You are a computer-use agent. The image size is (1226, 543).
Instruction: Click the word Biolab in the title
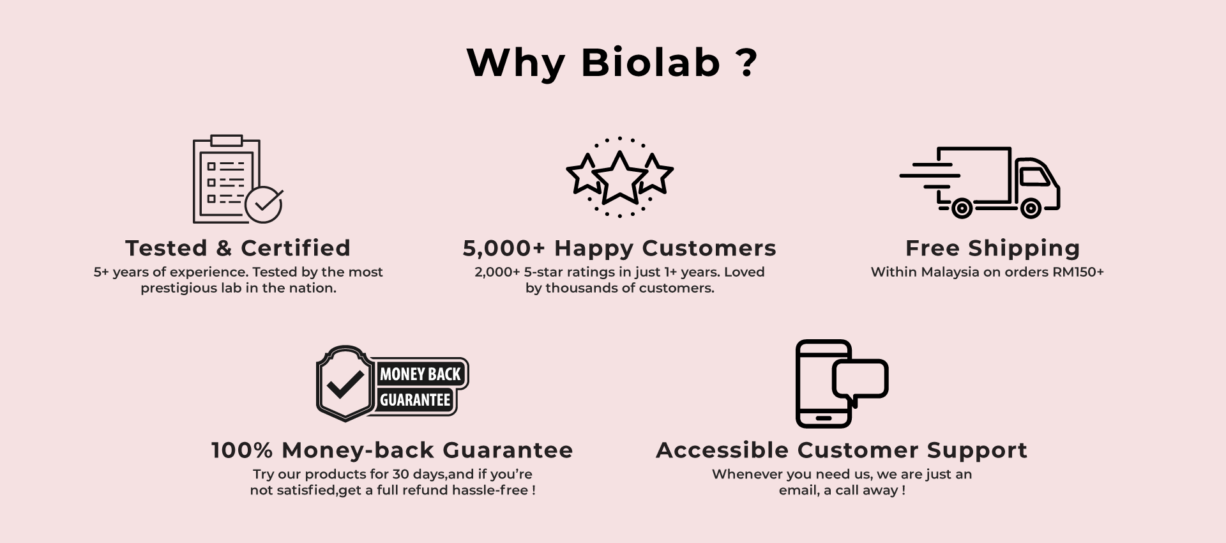pyautogui.click(x=651, y=63)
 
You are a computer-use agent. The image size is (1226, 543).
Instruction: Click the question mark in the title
pyautogui.click(x=746, y=63)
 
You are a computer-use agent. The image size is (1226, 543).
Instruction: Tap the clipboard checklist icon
pyautogui.click(x=227, y=180)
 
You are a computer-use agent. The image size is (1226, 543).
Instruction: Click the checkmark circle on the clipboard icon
pyautogui.click(x=264, y=204)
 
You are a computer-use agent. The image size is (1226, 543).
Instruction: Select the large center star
pyautogui.click(x=619, y=177)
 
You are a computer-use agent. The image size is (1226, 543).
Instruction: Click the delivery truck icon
pyautogui.click(x=980, y=182)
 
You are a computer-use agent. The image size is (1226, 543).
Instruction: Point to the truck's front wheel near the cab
pyautogui.click(x=1030, y=208)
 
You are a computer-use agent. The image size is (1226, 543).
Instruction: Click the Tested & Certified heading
pyautogui.click(x=238, y=248)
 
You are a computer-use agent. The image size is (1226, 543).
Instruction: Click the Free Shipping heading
pyautogui.click(x=992, y=248)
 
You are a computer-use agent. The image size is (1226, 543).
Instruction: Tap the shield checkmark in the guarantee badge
pyautogui.click(x=345, y=383)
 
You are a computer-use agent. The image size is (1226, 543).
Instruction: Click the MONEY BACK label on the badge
pyautogui.click(x=420, y=374)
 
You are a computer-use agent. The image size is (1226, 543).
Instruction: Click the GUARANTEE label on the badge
pyautogui.click(x=415, y=400)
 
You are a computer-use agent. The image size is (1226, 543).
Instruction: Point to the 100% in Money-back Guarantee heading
pyautogui.click(x=242, y=450)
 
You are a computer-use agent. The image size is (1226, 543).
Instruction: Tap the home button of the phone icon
pyautogui.click(x=824, y=418)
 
